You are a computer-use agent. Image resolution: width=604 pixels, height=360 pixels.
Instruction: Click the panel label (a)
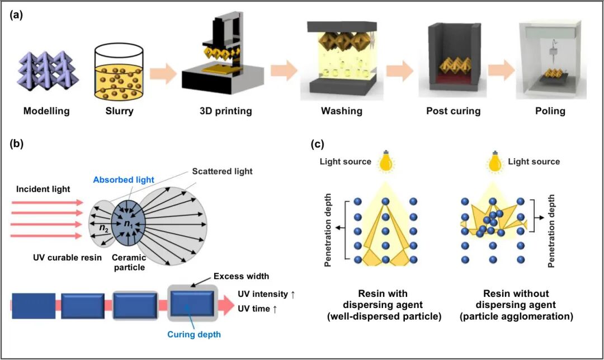click(17, 15)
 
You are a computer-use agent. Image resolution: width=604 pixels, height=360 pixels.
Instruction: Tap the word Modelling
click(46, 111)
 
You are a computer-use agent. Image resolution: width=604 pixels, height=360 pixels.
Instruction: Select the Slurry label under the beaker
click(120, 111)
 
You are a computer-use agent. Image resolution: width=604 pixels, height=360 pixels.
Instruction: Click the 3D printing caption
click(226, 111)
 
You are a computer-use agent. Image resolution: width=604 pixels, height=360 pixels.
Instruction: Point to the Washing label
click(342, 111)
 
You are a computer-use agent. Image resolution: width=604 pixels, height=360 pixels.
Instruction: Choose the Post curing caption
click(454, 111)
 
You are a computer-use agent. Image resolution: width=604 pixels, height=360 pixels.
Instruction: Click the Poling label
click(550, 111)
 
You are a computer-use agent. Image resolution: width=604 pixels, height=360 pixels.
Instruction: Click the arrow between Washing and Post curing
click(399, 71)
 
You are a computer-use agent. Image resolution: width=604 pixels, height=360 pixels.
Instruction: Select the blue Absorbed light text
click(124, 180)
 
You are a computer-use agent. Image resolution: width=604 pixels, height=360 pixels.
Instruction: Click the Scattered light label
click(222, 172)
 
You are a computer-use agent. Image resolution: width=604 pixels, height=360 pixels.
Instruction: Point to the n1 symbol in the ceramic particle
click(128, 223)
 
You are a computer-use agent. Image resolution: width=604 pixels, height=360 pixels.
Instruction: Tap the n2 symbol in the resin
click(104, 228)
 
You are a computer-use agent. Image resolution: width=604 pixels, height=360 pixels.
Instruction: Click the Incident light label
click(43, 189)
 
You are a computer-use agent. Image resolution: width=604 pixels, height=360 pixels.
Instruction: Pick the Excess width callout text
click(241, 276)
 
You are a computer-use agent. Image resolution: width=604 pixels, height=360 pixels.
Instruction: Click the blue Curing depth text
click(194, 334)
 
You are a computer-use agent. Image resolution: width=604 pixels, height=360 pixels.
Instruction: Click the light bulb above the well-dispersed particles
click(385, 162)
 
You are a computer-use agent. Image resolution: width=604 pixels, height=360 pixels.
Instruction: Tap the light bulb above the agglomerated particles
click(494, 162)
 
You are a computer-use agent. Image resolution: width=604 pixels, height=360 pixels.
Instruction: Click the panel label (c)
click(318, 144)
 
